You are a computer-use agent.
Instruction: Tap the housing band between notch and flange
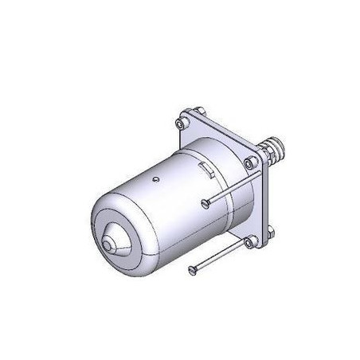click(x=227, y=167)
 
